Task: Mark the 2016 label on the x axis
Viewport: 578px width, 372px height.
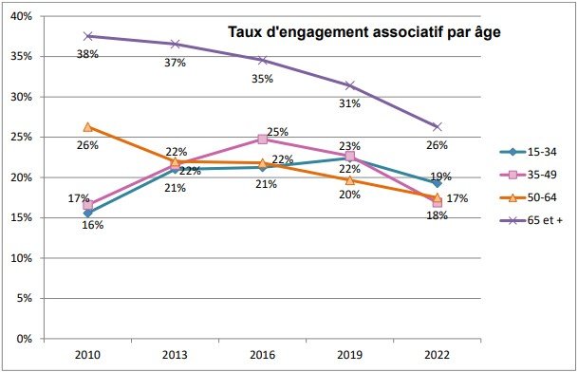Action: (262, 355)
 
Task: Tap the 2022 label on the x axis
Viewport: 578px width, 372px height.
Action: (438, 355)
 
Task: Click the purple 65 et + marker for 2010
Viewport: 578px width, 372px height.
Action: (87, 36)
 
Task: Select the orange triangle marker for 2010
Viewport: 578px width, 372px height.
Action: (87, 126)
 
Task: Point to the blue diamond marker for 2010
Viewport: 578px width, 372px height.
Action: (87, 213)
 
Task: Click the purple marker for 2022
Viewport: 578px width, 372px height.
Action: (438, 126)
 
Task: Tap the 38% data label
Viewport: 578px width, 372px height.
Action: (88, 54)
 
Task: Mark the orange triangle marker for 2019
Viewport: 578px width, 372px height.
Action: (349, 179)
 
